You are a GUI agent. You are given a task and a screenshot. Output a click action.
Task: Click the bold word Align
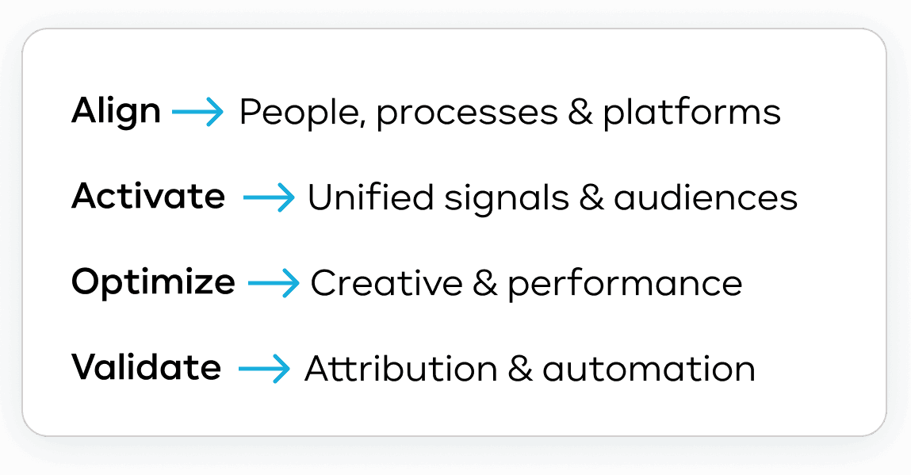pos(116,111)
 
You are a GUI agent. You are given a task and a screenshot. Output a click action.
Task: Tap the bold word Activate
pos(148,196)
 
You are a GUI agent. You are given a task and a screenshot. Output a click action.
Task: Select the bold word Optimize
pos(153,283)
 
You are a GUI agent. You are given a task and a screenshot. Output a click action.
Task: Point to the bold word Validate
pos(147,367)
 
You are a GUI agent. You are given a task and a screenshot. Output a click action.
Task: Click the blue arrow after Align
pos(197,112)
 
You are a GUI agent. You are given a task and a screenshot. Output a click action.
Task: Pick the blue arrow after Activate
pos(269,197)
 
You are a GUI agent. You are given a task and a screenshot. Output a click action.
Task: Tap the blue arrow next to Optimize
pos(274,283)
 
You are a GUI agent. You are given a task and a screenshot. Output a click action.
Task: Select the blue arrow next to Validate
pos(264,369)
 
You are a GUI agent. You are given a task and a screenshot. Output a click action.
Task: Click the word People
pos(303,113)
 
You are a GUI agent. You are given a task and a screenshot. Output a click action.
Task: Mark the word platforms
pos(691,113)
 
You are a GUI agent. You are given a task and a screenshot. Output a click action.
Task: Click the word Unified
pos(371,197)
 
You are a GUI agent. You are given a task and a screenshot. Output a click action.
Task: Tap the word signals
pos(507,199)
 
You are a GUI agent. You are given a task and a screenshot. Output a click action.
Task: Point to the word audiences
pos(706,197)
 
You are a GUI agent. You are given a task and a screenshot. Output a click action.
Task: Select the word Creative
pos(387,283)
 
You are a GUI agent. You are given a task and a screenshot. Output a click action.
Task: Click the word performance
pos(625,285)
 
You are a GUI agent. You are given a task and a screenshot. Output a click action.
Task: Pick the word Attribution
pos(401,369)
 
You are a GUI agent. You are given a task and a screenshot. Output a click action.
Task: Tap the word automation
pos(649,370)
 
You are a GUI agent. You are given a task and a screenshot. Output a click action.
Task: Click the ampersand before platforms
pos(580,112)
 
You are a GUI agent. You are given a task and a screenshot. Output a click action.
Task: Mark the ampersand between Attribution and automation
pos(520,369)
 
